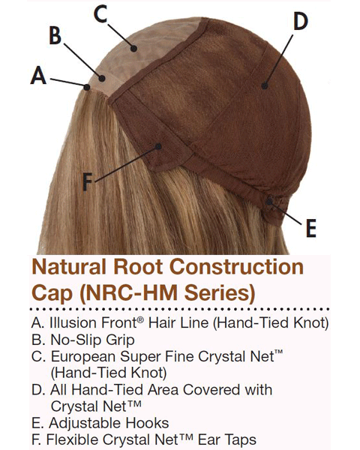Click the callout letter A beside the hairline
pos(38,75)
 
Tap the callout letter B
pos(55,35)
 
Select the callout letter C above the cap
pos(100,14)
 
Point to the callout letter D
pos(301,21)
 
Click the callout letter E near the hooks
pos(311,228)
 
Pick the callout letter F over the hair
pos(87,181)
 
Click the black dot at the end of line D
pos(265,85)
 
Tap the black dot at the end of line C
pos(133,48)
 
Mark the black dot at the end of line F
pos(158,146)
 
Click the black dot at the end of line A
pos(86,87)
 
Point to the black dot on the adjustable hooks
pos(269,202)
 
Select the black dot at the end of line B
pos(102,78)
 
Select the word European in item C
pos(83,357)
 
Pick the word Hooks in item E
pos(147,423)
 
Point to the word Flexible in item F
pos(72,439)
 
